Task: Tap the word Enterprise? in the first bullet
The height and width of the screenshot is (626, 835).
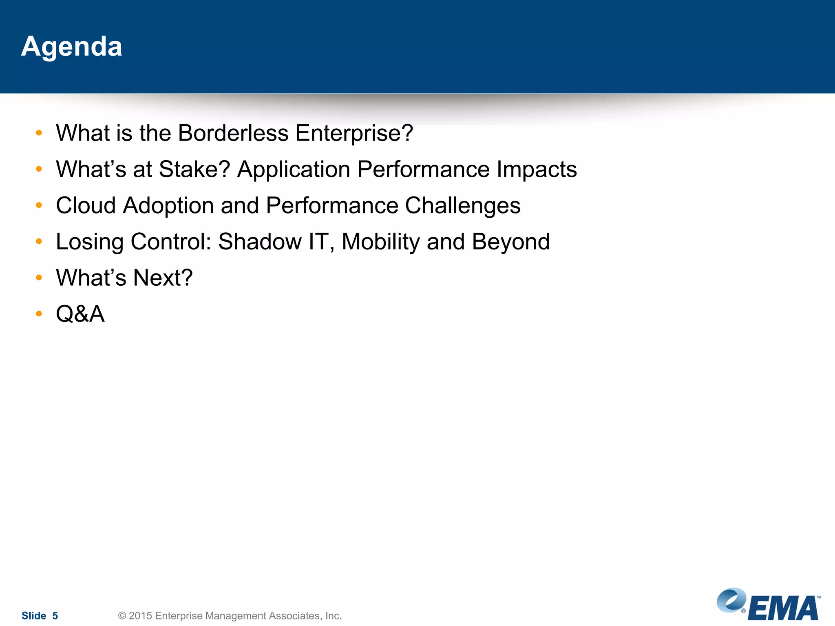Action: coord(354,133)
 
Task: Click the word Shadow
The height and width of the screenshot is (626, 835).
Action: coord(260,242)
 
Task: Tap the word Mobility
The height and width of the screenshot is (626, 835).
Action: coord(380,242)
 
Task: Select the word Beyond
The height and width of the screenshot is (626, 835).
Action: coord(510,242)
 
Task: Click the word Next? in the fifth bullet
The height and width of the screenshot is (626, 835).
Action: coord(163,278)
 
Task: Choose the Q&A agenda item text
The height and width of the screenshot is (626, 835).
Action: coord(80,314)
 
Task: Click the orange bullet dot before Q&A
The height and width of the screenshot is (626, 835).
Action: coord(39,314)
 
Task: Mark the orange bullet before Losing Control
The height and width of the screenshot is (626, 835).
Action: coord(39,242)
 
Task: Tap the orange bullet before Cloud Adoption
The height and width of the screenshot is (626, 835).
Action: coord(39,205)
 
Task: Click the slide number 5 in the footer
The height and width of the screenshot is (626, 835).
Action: coord(55,616)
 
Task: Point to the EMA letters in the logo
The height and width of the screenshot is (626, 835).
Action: coord(783,609)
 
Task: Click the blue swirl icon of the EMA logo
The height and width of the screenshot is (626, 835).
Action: coord(731,600)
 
